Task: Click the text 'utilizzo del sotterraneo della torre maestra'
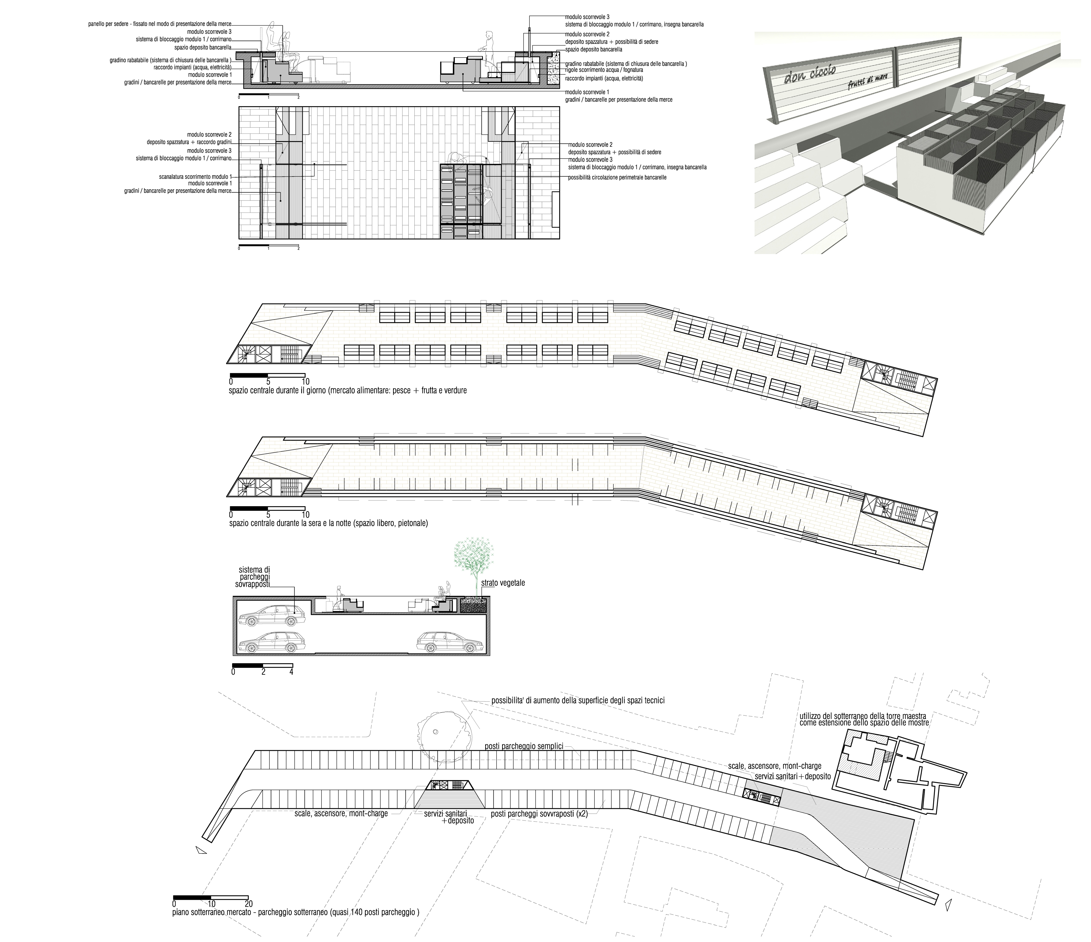click(x=863, y=717)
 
